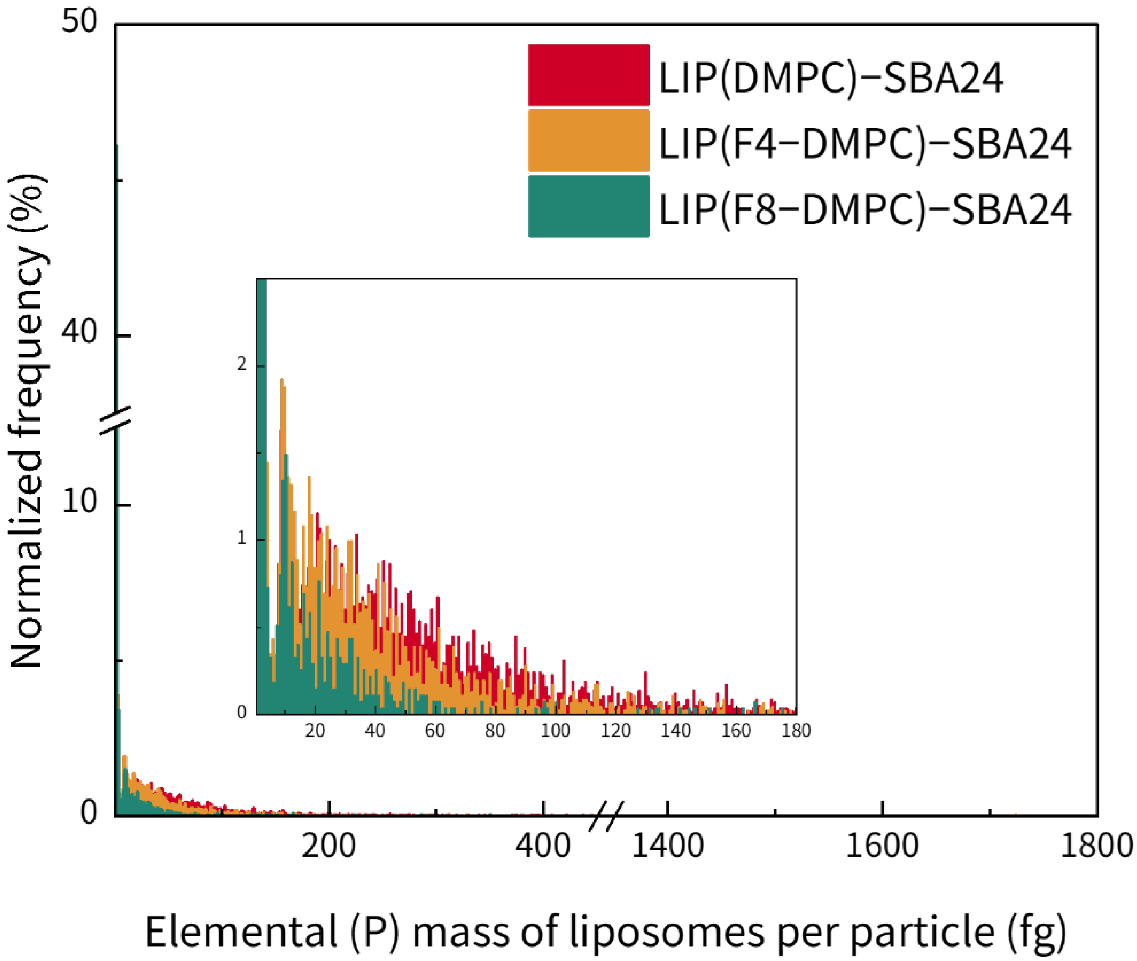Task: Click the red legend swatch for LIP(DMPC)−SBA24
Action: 588,75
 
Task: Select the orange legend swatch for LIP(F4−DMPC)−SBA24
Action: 588,141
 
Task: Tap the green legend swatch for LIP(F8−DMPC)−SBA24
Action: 588,206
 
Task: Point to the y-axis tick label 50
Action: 80,22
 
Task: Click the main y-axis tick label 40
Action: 80,331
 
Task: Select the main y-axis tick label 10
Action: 80,501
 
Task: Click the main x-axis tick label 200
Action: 328,846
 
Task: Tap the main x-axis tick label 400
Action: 543,846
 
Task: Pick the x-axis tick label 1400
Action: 667,846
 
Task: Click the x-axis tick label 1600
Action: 882,846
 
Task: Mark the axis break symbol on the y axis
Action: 115,421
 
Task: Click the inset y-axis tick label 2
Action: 241,364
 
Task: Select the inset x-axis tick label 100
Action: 555,730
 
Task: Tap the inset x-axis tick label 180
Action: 796,730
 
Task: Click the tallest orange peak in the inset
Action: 282,382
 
